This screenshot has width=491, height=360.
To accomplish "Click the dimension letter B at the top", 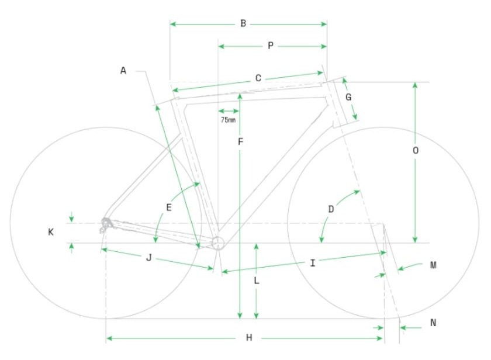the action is pos(243,23).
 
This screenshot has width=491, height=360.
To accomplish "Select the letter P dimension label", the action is pos(271,46).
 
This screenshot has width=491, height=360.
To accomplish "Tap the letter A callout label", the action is pos(123,71).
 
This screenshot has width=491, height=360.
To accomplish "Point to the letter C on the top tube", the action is pos(258,78).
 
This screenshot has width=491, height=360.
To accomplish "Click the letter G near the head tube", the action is pos(348,98).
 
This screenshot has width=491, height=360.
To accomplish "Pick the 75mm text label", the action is pos(229,120).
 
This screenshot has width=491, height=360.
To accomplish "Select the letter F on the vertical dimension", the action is pos(240,142).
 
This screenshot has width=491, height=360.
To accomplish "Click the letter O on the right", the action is pos(416,151).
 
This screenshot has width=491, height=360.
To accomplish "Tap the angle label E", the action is pos(169,207).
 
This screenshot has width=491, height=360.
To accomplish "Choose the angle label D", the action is pos(331,209).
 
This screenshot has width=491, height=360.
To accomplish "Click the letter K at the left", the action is pos(50,232).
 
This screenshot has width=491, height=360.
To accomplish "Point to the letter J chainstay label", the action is pos(149,258).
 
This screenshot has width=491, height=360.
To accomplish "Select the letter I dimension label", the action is pos(313,263).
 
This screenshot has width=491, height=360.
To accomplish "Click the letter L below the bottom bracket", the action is pos(257,281).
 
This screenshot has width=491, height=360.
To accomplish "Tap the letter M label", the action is pos(433,265).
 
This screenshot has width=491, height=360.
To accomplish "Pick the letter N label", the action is pos(433,323).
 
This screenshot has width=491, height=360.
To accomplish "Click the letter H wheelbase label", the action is pos(249,338).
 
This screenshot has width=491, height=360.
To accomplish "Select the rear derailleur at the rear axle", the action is pos(106,225).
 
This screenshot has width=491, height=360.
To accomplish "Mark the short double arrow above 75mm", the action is pos(229,111).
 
